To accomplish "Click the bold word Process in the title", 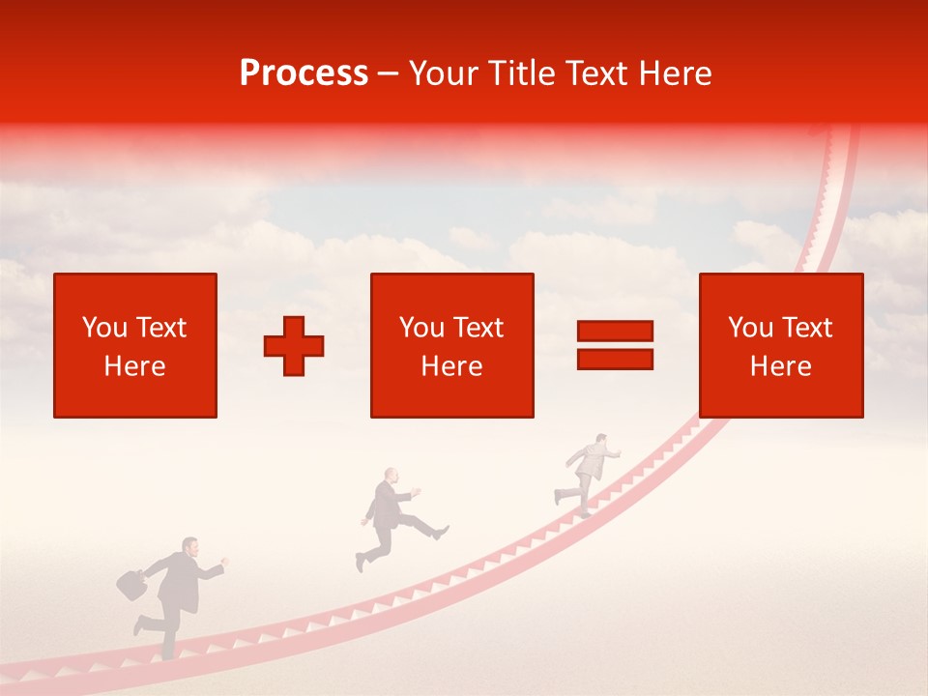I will (x=304, y=73).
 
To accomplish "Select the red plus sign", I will (x=294, y=345).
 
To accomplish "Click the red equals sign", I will (x=615, y=345).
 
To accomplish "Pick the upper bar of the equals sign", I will (x=615, y=331).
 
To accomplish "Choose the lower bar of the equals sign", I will (x=615, y=359).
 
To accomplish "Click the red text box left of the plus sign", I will (x=135, y=345).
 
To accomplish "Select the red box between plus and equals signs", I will (x=452, y=345).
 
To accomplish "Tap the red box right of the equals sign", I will (x=781, y=345).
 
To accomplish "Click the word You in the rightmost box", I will (x=750, y=328).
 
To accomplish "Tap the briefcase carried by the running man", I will (x=130, y=583).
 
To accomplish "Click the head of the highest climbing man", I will (x=600, y=441).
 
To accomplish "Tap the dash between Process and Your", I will (x=389, y=73).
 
